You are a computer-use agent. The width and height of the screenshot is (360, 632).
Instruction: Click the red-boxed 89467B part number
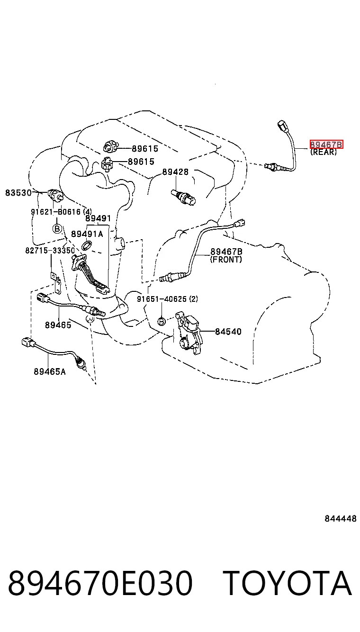326,144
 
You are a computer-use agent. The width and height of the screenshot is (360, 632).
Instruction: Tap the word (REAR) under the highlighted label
324,152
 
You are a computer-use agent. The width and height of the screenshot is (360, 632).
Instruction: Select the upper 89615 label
145,149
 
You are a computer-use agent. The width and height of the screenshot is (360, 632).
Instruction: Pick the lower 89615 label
141,162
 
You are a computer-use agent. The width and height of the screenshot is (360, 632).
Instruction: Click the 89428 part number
175,172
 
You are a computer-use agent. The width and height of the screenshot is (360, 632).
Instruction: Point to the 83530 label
18,193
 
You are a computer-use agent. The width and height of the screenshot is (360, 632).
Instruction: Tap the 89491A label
87,234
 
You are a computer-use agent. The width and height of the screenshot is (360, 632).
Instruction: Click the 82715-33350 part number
50,250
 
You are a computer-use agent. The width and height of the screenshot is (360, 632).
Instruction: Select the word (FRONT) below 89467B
226,260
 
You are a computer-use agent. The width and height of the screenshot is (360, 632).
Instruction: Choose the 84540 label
228,332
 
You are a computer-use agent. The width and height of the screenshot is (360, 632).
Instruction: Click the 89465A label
50,371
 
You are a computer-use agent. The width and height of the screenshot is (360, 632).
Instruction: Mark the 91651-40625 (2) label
167,299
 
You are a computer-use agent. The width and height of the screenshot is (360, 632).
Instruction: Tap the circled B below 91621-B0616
57,228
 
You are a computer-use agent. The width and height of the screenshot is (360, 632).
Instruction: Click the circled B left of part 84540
162,321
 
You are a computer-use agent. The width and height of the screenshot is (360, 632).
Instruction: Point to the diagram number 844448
341,519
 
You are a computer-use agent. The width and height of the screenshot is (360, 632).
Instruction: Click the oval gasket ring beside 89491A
87,245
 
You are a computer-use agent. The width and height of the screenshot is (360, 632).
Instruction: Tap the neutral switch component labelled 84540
189,333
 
